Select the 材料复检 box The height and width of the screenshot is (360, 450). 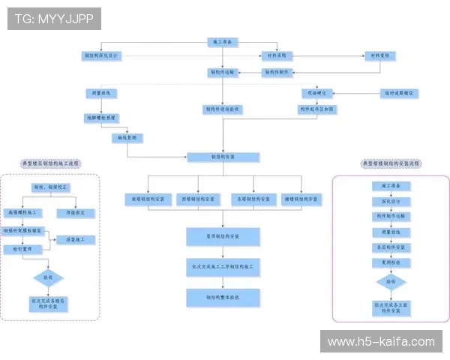pyautogui.click(x=379, y=56)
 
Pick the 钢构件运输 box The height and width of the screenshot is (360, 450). pyautogui.click(x=222, y=73)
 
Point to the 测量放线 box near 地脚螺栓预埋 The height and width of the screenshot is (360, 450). pyautogui.click(x=101, y=94)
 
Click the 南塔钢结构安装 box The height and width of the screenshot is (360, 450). pyautogui.click(x=147, y=199)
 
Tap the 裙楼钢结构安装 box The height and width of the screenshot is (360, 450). pyautogui.click(x=301, y=199)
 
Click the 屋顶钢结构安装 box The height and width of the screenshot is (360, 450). pyautogui.click(x=223, y=237)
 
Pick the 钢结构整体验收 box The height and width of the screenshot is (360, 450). pyautogui.click(x=223, y=297)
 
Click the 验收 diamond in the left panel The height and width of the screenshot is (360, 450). pyautogui.click(x=48, y=277)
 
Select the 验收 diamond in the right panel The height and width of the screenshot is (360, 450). pyautogui.click(x=391, y=282)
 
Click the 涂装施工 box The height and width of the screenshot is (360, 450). pyautogui.click(x=80, y=240)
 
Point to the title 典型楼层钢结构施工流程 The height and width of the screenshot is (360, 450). pyautogui.click(x=50, y=163)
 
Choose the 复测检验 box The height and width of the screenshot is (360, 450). pyautogui.click(x=391, y=262)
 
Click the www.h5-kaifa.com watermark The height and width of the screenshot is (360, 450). pyautogui.click(x=381, y=342)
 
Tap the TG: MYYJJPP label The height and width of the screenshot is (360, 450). pyautogui.click(x=54, y=19)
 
